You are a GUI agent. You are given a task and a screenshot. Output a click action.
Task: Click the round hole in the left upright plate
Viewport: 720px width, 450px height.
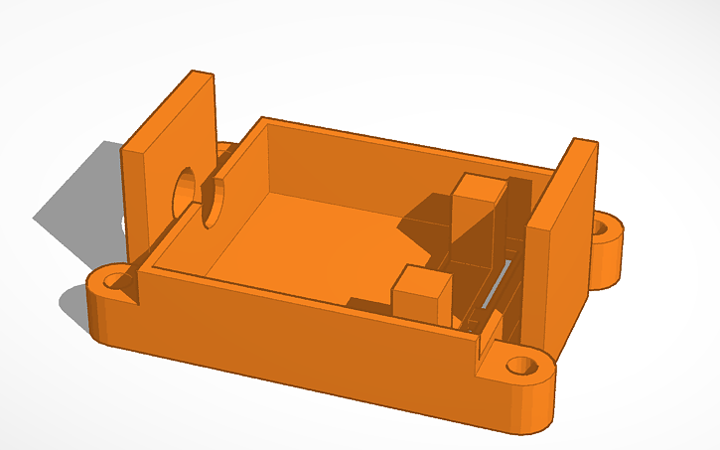click(183, 190)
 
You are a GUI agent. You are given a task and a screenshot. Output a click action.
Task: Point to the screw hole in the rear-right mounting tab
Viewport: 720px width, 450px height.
click(601, 227)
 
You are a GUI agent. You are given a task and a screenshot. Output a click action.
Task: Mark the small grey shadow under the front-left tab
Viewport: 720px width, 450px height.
click(73, 302)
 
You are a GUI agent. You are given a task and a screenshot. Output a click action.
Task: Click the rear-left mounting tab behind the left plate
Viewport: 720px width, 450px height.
click(226, 151)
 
